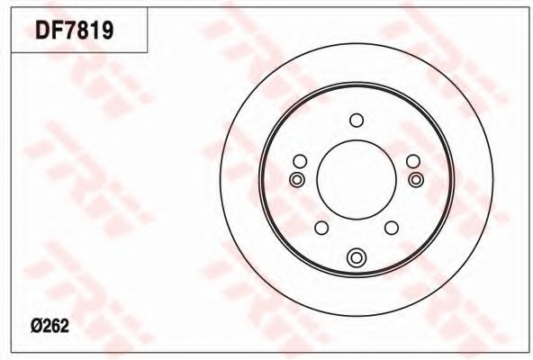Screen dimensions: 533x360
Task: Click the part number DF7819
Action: pyautogui.click(x=74, y=31)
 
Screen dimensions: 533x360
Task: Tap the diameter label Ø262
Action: pyautogui.click(x=50, y=326)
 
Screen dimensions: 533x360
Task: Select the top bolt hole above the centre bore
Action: pyautogui.click(x=357, y=121)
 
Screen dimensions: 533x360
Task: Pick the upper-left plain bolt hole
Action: pyautogui.click(x=300, y=161)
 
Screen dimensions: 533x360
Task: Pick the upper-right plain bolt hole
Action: pyautogui.click(x=413, y=161)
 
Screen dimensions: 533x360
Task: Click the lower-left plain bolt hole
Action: pyautogui.click(x=321, y=228)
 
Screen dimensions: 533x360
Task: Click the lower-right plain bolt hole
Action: pyautogui.click(x=392, y=228)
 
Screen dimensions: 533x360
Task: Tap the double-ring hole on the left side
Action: pyautogui.click(x=297, y=179)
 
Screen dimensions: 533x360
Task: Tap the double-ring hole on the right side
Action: pyautogui.click(x=416, y=179)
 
